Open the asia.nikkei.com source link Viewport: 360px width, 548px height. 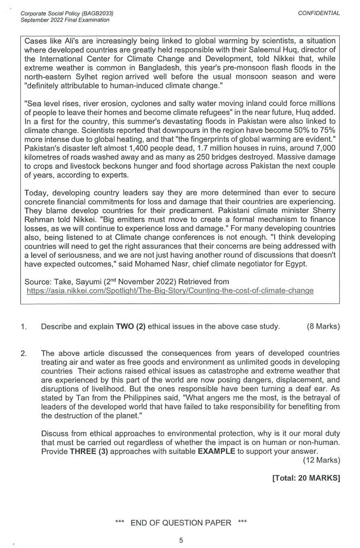click(x=171, y=290)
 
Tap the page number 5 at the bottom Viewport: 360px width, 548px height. click(x=181, y=540)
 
